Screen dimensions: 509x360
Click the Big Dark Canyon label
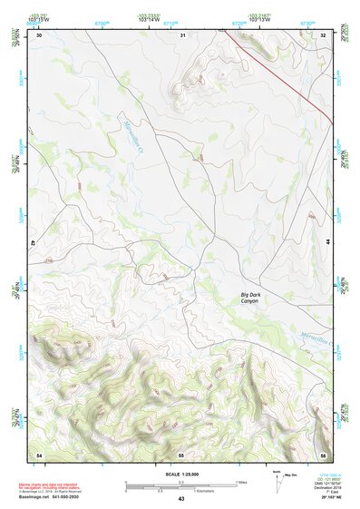click(x=255, y=299)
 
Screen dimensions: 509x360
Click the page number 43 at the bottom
click(x=181, y=499)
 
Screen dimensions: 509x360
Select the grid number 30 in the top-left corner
click(x=40, y=35)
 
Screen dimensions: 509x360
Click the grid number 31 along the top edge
click(x=182, y=35)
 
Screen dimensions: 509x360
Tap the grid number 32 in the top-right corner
click(x=324, y=35)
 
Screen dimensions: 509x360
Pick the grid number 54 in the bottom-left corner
click(x=40, y=454)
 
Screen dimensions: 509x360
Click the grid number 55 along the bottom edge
click(x=181, y=454)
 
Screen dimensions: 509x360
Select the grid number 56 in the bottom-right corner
click(x=324, y=454)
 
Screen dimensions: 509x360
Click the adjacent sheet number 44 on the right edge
click(x=327, y=243)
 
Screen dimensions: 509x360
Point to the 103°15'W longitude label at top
click(x=36, y=18)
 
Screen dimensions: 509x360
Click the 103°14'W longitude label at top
click(x=151, y=18)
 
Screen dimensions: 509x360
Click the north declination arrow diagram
click(x=277, y=478)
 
